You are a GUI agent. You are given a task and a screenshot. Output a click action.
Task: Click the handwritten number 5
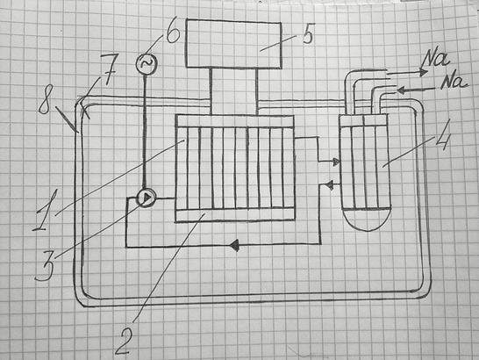(308, 35)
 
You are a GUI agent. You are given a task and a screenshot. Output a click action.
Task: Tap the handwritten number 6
(173, 32)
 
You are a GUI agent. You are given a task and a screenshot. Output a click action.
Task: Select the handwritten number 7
(108, 70)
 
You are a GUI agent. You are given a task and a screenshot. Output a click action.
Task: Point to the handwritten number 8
(45, 99)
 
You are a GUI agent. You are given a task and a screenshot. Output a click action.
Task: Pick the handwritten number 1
(44, 210)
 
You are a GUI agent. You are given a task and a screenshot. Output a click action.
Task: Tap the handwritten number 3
(46, 265)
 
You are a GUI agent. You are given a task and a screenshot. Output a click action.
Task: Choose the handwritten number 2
(124, 341)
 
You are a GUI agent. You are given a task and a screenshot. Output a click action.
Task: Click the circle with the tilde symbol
(147, 63)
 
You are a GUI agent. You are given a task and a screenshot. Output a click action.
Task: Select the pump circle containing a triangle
(146, 198)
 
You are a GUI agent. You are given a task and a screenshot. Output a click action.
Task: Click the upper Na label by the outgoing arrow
(435, 60)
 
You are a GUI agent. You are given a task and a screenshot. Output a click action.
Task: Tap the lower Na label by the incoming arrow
(454, 81)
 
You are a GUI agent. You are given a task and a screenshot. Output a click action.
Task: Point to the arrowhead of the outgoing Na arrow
(423, 72)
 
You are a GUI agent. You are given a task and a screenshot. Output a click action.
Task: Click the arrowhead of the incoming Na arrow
(401, 90)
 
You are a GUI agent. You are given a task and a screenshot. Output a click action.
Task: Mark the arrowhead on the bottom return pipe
(234, 245)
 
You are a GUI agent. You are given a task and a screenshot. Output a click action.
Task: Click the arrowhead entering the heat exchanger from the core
(336, 162)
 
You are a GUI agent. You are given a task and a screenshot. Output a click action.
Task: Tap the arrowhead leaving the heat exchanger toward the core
(329, 185)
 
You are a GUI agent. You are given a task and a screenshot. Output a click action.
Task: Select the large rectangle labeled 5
(233, 44)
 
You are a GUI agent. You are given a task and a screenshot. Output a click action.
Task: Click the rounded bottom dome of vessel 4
(367, 220)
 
